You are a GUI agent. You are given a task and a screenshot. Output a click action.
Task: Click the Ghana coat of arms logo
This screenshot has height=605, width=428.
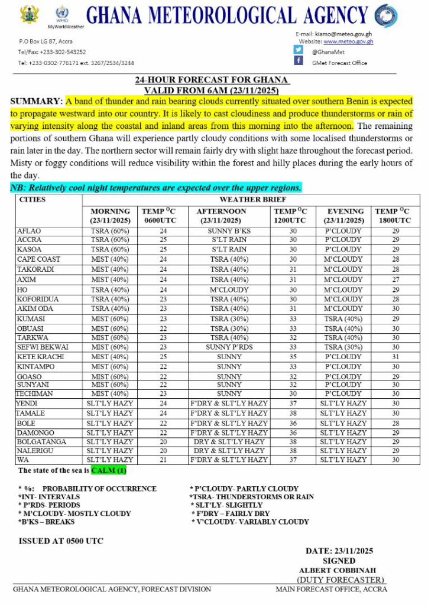pos(29,14)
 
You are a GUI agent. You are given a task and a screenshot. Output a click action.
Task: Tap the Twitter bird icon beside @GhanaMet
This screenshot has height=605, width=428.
pos(299,50)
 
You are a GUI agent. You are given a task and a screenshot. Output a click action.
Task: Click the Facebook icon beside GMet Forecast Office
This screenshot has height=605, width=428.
pos(299,61)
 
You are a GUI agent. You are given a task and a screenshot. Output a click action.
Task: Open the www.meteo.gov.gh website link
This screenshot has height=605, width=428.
pos(348,41)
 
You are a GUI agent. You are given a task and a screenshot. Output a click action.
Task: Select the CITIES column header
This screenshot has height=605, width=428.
pos(33,200)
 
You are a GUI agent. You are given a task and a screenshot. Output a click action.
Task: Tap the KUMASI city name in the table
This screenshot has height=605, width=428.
pos(31,318)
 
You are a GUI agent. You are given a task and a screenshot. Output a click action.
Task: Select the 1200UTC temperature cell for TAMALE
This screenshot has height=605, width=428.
pos(293,414)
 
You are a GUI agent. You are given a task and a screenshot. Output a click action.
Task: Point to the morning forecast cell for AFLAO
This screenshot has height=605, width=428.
pos(110,231)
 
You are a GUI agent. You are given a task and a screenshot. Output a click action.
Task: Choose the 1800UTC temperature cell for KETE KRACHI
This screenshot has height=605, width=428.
pos(395,357)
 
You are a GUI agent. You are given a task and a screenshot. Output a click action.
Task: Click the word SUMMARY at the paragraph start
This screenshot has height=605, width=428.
pos(37,102)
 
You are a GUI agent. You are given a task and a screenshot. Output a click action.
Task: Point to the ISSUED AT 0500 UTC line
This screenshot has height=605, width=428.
pos(61,541)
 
